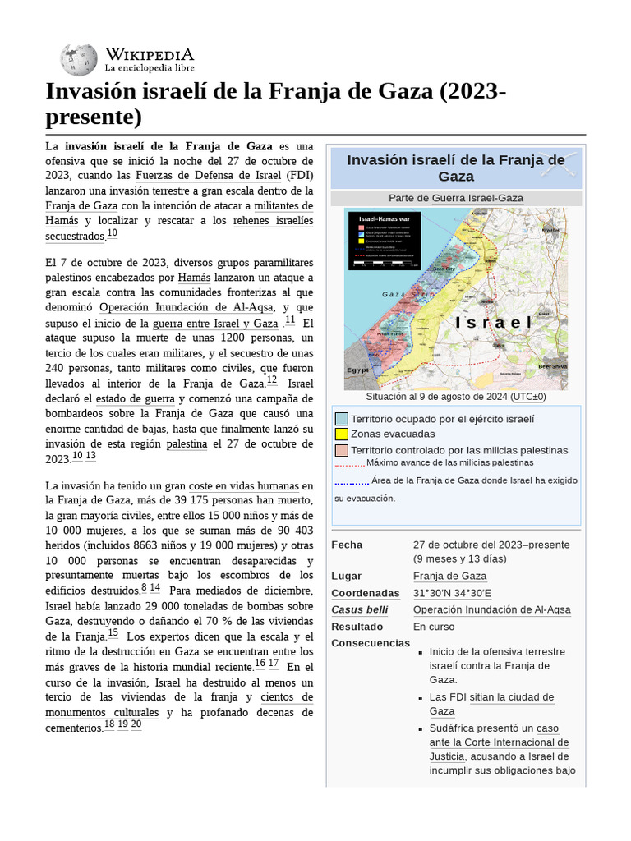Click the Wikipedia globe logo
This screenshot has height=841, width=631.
pos(79,59)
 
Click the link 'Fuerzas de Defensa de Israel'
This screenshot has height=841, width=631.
pos(209,176)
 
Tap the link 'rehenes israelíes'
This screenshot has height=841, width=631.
pos(273,221)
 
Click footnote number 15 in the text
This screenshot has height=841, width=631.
pos(113,633)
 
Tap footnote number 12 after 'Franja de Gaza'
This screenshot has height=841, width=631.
pos(272,380)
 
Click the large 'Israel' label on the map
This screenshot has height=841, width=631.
pos(495,322)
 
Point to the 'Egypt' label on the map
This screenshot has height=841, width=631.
pos(358,370)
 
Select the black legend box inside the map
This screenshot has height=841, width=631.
pos(385,240)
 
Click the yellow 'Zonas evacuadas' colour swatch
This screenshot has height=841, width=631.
pos(341,434)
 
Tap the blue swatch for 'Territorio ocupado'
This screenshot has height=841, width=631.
pos(341,419)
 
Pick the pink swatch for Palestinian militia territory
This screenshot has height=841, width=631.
pos(341,450)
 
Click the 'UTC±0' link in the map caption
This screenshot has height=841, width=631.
pos(527,397)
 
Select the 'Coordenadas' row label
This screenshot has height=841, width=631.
pos(365,593)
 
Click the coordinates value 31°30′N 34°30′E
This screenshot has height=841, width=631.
pos(452,593)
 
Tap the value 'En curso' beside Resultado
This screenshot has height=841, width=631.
pos(434,626)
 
